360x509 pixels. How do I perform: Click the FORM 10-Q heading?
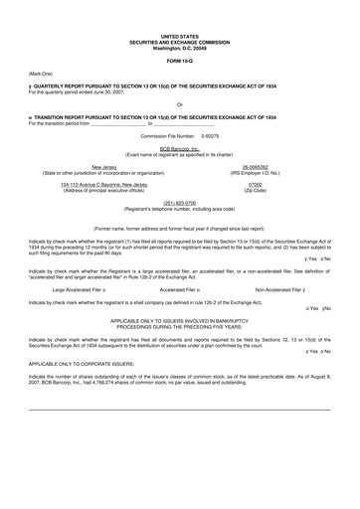(180, 61)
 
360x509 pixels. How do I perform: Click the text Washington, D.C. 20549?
(180, 49)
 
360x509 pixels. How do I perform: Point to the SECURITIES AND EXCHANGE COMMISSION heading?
(180, 43)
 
